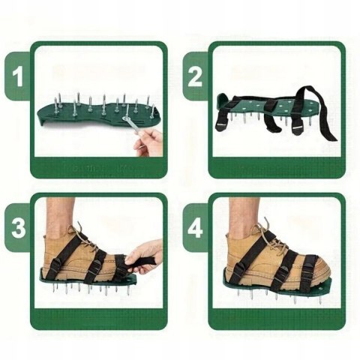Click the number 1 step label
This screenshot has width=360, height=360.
coord(18,76)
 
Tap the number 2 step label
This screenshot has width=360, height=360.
coord(195,76)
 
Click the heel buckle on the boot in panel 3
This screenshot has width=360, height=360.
coord(55,263)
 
